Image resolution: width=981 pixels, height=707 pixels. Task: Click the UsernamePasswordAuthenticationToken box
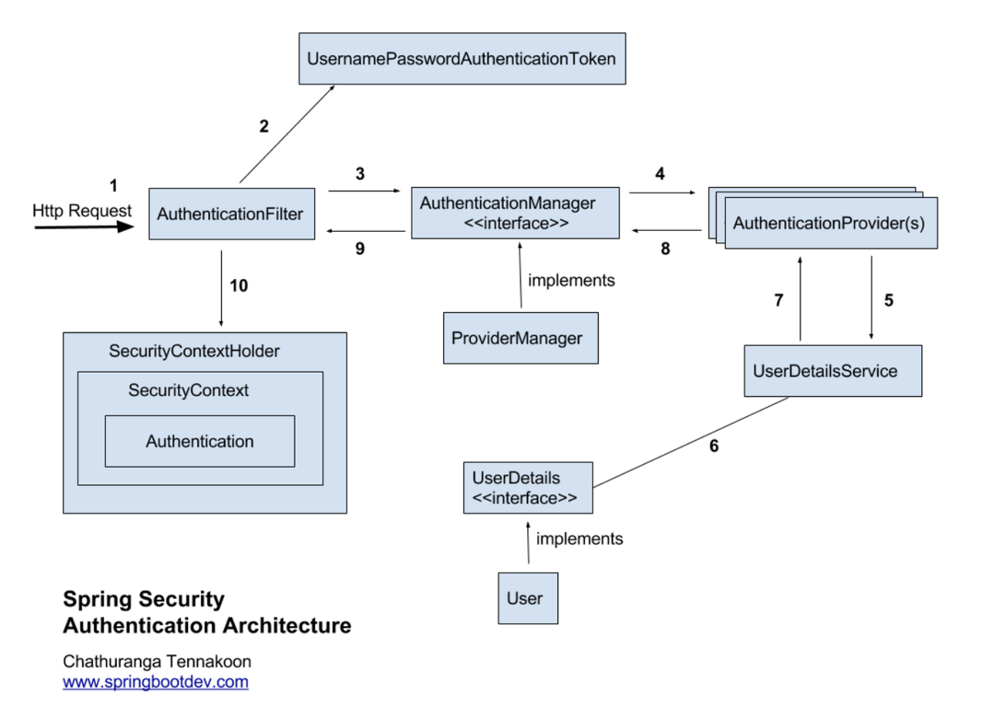coord(462,59)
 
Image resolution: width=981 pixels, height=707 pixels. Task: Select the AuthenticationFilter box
coord(232,214)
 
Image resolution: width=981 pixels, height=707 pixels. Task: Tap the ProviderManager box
coord(520,338)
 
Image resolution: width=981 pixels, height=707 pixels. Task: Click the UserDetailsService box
coord(832,371)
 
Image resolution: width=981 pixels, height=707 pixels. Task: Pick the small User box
coord(528,598)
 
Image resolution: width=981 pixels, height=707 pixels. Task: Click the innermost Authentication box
coord(200,441)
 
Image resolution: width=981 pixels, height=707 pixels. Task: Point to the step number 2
coord(264,126)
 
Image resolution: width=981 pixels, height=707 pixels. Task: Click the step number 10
coord(239,286)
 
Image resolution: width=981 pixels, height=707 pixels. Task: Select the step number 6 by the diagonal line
coord(714,446)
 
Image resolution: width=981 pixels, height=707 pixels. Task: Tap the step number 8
coord(665,249)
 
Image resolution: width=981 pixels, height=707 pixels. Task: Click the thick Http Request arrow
coord(83,227)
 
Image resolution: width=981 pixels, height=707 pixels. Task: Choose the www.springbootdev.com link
coord(155,682)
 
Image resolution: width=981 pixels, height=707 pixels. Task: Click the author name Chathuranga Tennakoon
coord(157,661)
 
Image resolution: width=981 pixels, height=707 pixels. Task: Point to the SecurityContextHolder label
coord(194,351)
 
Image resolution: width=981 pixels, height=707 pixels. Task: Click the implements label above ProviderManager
coord(571,280)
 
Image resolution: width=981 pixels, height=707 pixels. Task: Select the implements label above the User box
coord(579,539)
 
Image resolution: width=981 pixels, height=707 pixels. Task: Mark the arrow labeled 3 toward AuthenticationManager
coord(364,191)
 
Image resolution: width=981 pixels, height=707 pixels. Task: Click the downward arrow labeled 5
coord(871,297)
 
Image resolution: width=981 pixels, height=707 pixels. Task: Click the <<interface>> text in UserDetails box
coord(524,498)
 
